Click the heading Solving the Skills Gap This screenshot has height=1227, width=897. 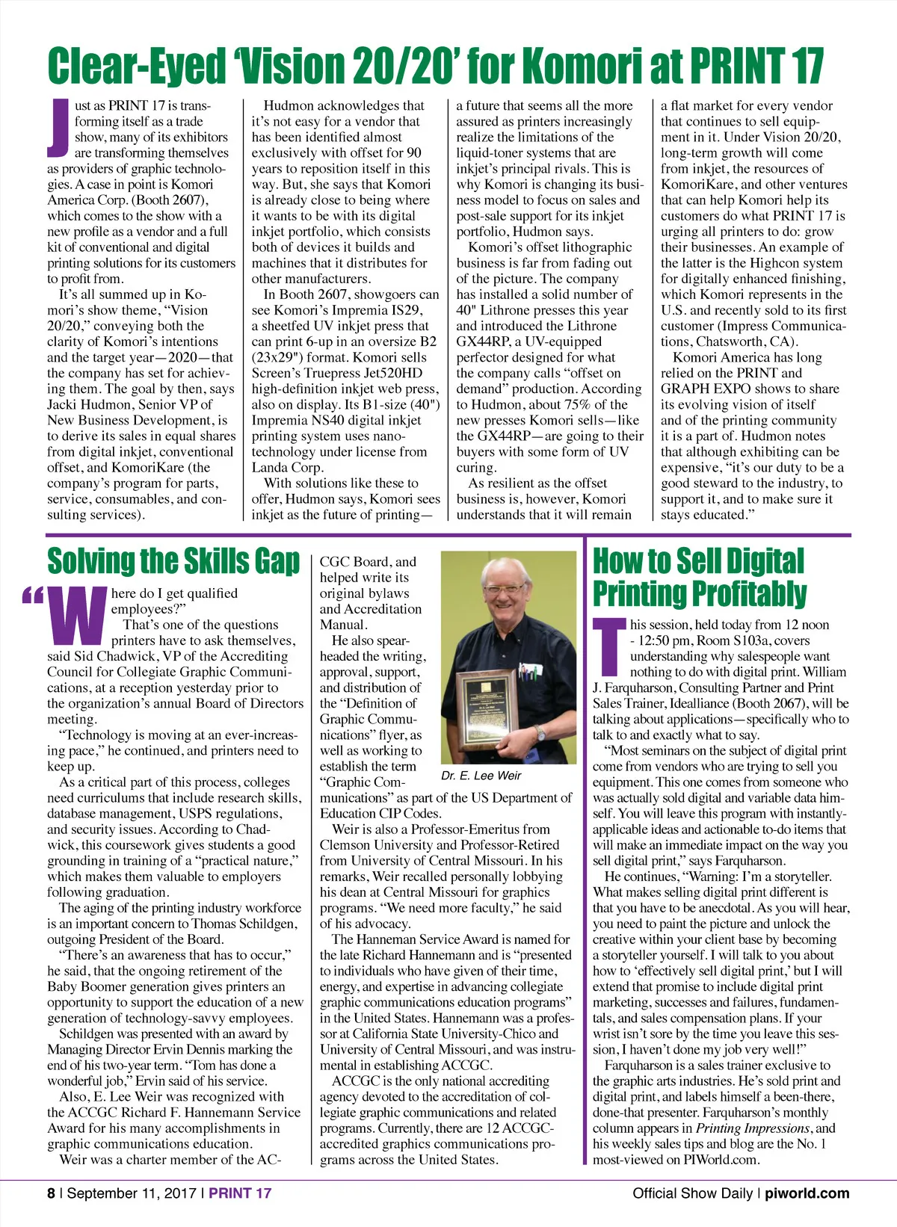[173, 561]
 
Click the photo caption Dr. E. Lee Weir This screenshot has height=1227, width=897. [481, 776]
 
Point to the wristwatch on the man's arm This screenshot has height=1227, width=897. [539, 734]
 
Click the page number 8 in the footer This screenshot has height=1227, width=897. [51, 1193]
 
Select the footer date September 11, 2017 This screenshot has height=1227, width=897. [132, 1193]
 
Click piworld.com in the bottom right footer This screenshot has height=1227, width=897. [807, 1193]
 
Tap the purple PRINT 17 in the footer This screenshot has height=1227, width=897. [239, 1193]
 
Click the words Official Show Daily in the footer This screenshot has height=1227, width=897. [692, 1193]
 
